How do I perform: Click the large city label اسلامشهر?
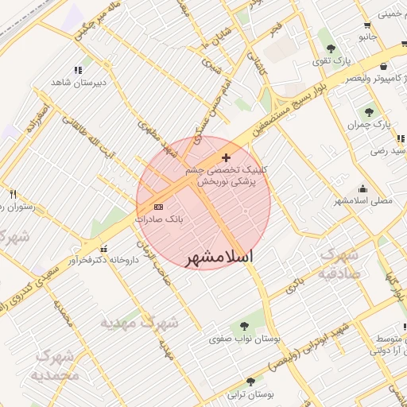click(x=219, y=258)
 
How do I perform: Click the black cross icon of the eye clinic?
click(x=227, y=157)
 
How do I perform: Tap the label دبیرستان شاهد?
click(x=79, y=83)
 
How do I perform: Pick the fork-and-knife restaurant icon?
click(x=13, y=193)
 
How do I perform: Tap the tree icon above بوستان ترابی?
click(x=251, y=381)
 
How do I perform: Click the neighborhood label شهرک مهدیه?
click(x=140, y=324)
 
